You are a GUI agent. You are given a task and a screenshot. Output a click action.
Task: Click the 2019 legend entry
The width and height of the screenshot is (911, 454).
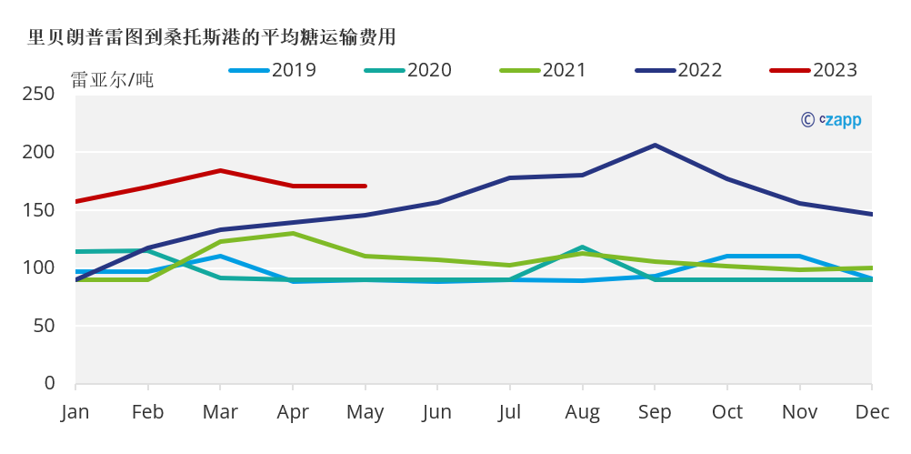(x=273, y=69)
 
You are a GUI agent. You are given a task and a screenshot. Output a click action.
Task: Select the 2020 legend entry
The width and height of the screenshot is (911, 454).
(x=407, y=69)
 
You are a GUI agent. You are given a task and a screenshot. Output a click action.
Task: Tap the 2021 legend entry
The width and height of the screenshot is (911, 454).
(x=543, y=69)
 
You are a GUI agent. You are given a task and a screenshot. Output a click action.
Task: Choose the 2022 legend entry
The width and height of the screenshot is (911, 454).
(x=678, y=69)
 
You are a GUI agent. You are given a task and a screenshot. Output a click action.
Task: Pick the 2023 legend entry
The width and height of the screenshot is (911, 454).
(x=814, y=69)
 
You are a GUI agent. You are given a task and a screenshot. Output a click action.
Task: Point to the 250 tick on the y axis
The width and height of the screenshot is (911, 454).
(x=37, y=94)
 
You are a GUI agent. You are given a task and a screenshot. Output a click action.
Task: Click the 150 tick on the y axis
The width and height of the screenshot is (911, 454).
(x=37, y=210)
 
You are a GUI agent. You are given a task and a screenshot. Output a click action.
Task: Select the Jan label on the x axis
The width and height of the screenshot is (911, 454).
(x=75, y=412)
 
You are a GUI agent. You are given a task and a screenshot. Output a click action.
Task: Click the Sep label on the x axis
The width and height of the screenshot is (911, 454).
(x=655, y=412)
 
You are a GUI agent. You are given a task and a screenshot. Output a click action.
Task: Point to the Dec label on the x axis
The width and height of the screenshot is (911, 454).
(x=871, y=412)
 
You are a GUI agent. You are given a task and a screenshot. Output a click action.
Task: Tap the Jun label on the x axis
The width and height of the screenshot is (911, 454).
(x=437, y=412)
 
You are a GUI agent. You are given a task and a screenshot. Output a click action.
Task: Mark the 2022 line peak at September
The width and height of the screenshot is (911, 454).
(x=655, y=145)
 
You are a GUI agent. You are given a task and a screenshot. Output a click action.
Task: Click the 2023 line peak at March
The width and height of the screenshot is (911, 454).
(x=220, y=170)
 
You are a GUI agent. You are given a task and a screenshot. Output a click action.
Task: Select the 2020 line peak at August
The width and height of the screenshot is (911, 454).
(x=582, y=247)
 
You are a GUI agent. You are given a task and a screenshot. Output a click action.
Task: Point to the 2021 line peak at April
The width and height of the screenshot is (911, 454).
(x=293, y=233)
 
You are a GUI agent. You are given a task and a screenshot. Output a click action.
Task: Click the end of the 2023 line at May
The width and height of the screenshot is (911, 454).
(x=365, y=186)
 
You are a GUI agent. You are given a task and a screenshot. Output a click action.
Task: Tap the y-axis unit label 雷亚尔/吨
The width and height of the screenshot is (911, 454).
(x=112, y=80)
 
